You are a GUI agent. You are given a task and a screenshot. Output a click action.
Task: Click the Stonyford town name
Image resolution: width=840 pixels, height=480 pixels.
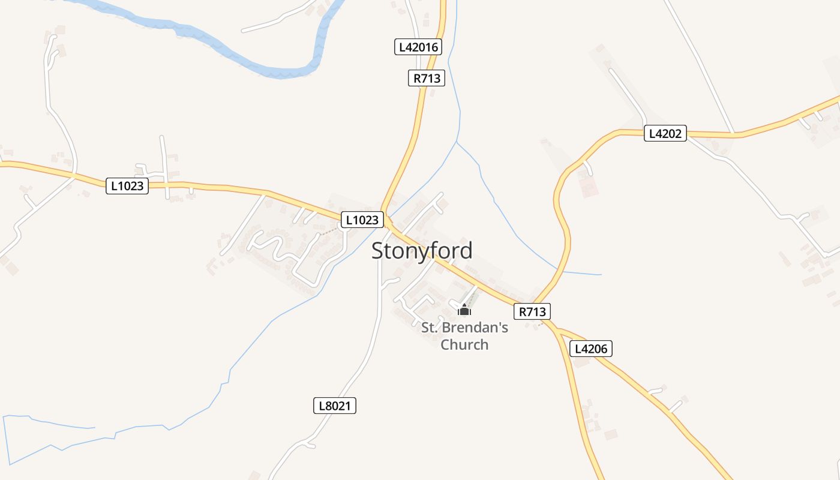tap(422, 250)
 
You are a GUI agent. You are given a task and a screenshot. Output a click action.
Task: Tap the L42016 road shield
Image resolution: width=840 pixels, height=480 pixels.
tap(418, 47)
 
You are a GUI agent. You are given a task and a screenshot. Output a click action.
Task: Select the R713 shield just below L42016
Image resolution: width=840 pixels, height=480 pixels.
tap(427, 78)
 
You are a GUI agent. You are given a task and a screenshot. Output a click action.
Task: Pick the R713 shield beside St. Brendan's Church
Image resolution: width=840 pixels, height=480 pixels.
tap(532, 311)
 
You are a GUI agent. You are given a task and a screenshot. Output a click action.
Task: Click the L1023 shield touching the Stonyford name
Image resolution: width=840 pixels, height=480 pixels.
tap(362, 220)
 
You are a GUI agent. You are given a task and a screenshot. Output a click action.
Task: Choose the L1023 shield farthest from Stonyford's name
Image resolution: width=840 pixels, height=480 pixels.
tap(127, 186)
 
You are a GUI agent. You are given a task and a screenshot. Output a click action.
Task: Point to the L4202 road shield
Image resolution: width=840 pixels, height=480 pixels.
tap(665, 133)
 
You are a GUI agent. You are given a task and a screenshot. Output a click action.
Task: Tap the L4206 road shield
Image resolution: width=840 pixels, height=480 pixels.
tap(590, 349)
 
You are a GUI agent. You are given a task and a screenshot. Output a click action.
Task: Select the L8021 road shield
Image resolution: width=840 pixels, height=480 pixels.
tap(334, 406)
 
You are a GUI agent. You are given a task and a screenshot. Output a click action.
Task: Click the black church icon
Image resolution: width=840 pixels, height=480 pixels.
tap(464, 310)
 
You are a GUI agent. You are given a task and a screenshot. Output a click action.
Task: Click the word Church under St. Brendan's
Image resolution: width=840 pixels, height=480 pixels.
tap(464, 344)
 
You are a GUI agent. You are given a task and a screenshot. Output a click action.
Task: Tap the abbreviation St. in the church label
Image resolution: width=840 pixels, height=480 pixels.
tap(429, 328)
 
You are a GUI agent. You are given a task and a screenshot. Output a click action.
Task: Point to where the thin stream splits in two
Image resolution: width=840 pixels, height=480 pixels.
tap(457, 142)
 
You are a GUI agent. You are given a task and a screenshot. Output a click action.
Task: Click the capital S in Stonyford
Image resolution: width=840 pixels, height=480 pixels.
tap(378, 251)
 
